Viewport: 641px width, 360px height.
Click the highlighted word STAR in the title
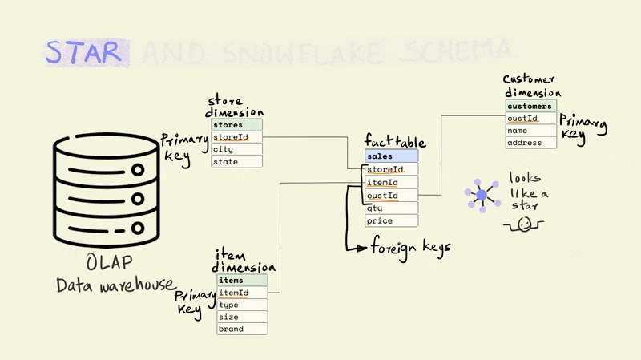click(83, 52)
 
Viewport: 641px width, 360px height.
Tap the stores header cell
click(236, 125)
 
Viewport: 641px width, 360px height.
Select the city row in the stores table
click(236, 149)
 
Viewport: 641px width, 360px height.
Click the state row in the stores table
click(236, 161)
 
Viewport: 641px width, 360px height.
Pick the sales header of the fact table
click(391, 156)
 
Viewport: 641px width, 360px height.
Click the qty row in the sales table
click(391, 208)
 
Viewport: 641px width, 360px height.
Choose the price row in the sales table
click(391, 220)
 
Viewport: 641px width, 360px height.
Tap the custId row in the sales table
click(391, 195)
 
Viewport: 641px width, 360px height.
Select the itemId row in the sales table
click(391, 183)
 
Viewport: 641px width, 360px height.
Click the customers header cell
click(530, 106)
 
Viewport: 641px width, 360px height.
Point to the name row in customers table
click(530, 131)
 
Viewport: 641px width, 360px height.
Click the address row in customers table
click(530, 143)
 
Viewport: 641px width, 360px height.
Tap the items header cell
click(241, 281)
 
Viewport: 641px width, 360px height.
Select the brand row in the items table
click(241, 329)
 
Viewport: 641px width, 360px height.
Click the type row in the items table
click(241, 305)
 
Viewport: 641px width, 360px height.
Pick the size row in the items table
click(241, 317)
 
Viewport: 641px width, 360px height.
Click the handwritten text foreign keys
click(409, 246)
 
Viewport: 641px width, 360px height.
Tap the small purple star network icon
click(481, 195)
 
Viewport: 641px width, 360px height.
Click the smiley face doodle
click(522, 225)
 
